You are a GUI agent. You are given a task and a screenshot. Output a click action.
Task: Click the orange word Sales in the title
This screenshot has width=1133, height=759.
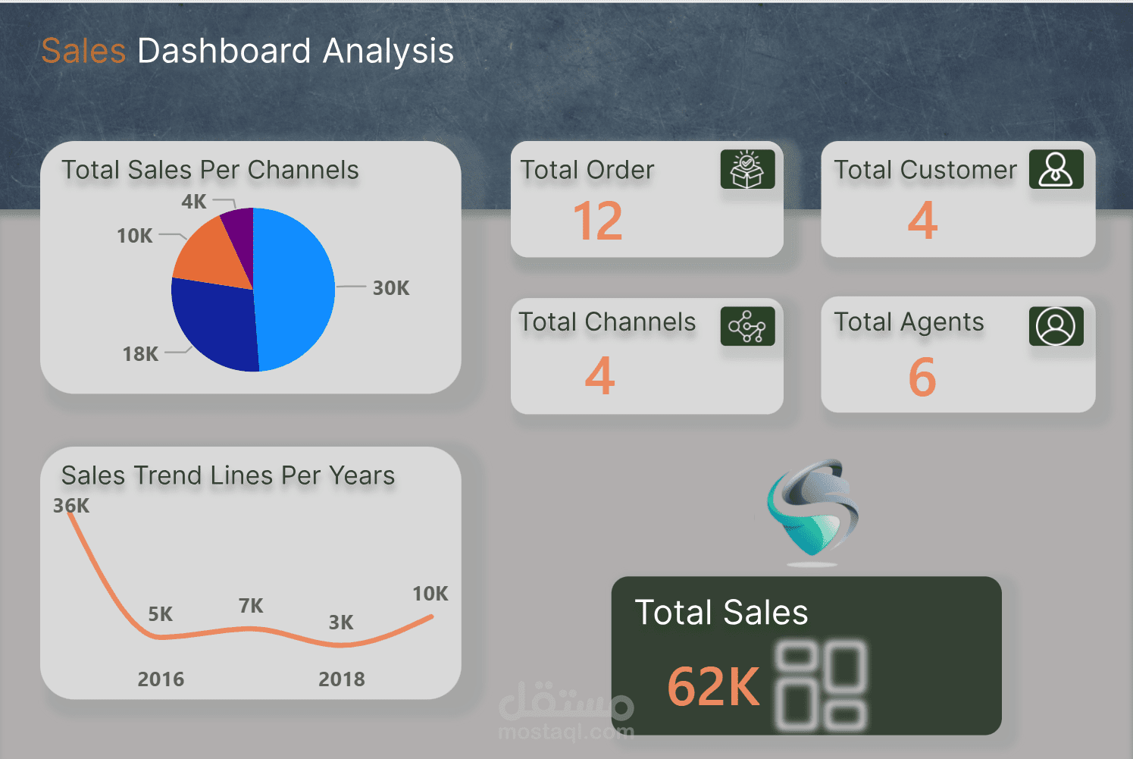pyautogui.click(x=83, y=52)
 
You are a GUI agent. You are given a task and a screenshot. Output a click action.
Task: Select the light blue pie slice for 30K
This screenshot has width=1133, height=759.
pyautogui.click(x=296, y=288)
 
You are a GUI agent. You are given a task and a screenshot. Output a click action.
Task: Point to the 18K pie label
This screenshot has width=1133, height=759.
pyautogui.click(x=140, y=354)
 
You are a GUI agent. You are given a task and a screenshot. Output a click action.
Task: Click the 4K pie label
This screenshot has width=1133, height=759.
pyautogui.click(x=194, y=202)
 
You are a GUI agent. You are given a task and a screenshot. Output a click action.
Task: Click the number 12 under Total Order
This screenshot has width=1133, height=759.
pyautogui.click(x=598, y=221)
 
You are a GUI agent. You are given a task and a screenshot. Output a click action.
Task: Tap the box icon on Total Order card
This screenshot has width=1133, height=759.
pyautogui.click(x=747, y=169)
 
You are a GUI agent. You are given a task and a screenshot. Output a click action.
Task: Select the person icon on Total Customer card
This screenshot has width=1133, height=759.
pyautogui.click(x=1056, y=169)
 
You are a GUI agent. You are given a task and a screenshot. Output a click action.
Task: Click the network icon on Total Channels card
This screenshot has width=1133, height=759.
pyautogui.click(x=747, y=326)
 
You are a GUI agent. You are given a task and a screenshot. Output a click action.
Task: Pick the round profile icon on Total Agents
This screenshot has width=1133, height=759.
pyautogui.click(x=1056, y=326)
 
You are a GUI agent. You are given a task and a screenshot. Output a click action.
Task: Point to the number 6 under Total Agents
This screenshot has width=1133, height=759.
pyautogui.click(x=922, y=377)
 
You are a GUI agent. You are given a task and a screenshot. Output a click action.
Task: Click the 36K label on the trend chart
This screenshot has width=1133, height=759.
pyautogui.click(x=71, y=506)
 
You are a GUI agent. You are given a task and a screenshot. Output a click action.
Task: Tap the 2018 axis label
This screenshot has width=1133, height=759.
pyautogui.click(x=341, y=679)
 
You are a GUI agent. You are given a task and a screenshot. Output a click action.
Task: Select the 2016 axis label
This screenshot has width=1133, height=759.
pyautogui.click(x=161, y=679)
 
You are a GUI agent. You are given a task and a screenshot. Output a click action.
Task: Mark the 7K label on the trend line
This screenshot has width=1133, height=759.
pyautogui.click(x=251, y=606)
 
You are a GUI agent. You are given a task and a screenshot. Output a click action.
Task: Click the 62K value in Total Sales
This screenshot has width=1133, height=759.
pyautogui.click(x=713, y=686)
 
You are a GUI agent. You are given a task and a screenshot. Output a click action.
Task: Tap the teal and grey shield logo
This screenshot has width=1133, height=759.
pyautogui.click(x=812, y=510)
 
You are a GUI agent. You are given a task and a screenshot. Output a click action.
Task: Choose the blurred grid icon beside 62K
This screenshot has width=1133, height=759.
pyautogui.click(x=821, y=686)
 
